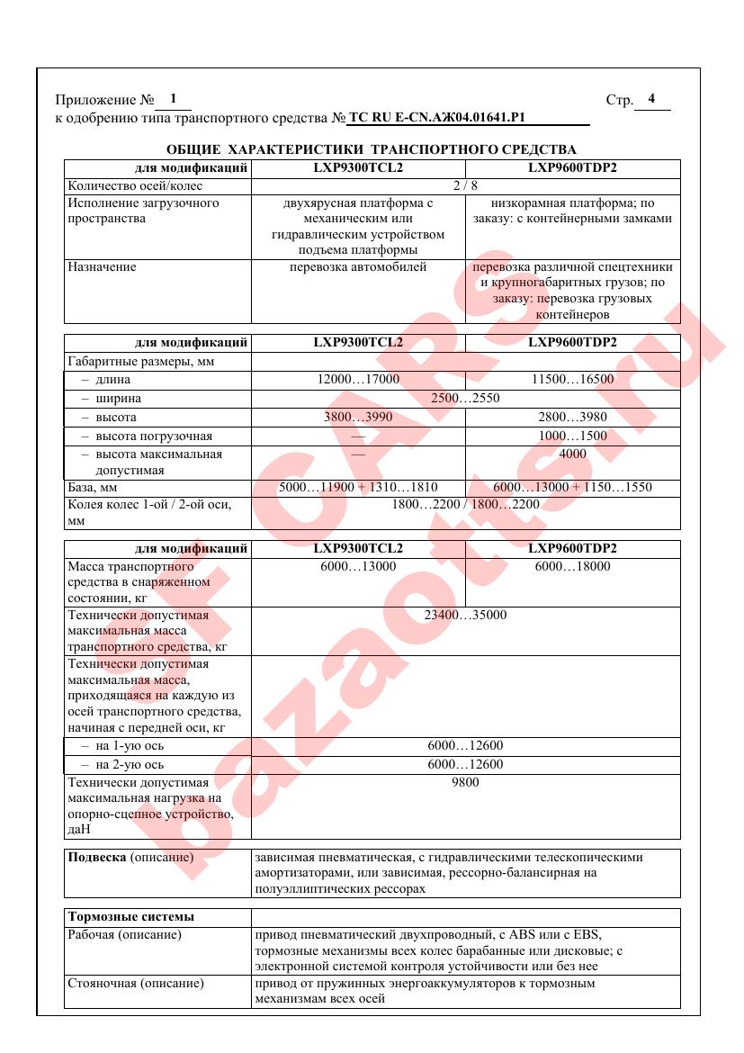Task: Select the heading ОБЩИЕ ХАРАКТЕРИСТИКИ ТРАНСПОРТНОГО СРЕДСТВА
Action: [372, 148]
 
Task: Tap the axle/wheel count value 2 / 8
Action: [465, 186]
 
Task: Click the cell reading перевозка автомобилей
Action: [358, 267]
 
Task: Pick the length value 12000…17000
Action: [358, 380]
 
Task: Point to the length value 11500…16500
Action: [572, 380]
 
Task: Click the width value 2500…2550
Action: [465, 398]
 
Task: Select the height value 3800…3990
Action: [358, 418]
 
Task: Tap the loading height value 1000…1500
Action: [572, 436]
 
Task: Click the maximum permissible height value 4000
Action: [572, 454]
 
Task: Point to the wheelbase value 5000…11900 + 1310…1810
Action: [358, 488]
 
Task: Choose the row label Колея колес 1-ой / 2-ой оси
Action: [149, 505]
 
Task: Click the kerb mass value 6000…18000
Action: [572, 566]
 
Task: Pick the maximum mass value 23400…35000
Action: [465, 616]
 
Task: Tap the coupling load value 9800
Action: [465, 782]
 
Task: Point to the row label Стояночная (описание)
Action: [136, 984]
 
